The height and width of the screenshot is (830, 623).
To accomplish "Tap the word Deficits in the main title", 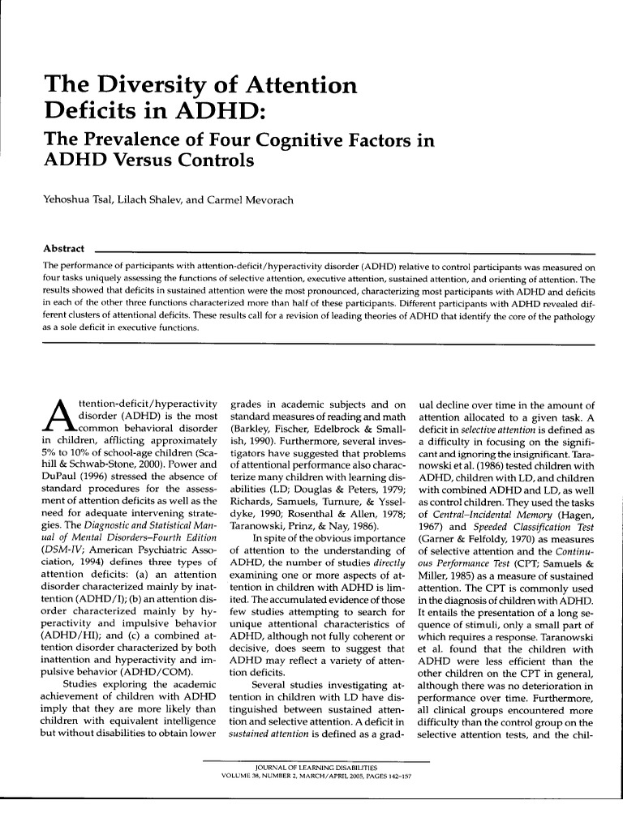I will point(92,112).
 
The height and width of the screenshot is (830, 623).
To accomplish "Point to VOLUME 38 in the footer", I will point(244,774).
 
